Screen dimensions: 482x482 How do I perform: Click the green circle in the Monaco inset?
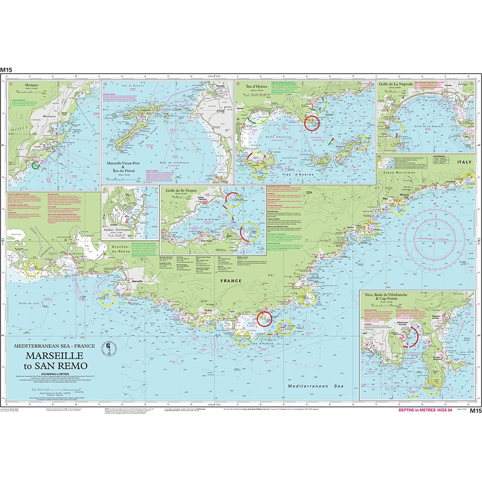coord(35,166)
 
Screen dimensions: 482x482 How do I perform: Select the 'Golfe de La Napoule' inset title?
coord(396,85)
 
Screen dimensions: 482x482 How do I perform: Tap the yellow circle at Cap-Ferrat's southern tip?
coord(432,387)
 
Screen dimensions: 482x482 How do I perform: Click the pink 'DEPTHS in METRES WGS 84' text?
coord(426,410)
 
